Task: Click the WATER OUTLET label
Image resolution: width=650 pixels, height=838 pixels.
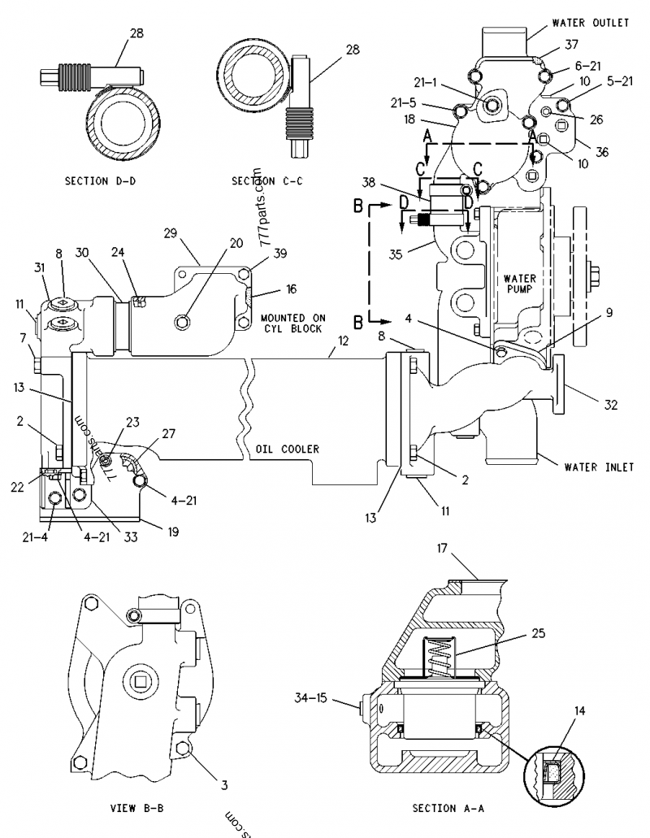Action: click(590, 23)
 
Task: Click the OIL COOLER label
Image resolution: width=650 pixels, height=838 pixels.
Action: click(288, 449)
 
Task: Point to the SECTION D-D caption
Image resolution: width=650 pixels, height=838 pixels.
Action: click(100, 181)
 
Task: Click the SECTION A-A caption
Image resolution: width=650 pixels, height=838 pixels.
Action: click(446, 809)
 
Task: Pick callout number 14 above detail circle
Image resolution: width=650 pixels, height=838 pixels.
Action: click(578, 710)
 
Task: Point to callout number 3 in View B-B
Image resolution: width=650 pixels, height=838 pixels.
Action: click(225, 785)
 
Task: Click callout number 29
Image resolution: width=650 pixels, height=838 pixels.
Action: click(170, 233)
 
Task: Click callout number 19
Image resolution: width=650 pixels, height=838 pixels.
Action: click(173, 532)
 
